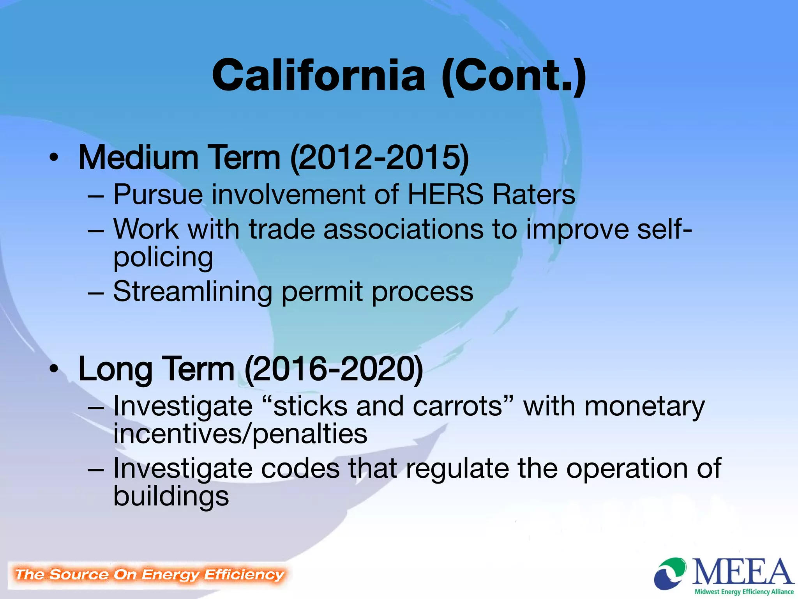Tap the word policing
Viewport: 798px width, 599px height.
click(x=163, y=257)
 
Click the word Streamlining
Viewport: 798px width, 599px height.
click(x=192, y=292)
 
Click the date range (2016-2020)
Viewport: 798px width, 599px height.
click(x=334, y=369)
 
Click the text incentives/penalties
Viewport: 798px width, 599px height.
click(x=240, y=434)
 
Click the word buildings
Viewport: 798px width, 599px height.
click(x=171, y=497)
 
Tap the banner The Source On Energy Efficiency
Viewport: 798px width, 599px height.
click(x=149, y=574)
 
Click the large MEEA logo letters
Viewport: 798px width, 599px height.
click(x=742, y=572)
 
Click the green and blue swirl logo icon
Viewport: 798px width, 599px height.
click(x=670, y=573)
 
